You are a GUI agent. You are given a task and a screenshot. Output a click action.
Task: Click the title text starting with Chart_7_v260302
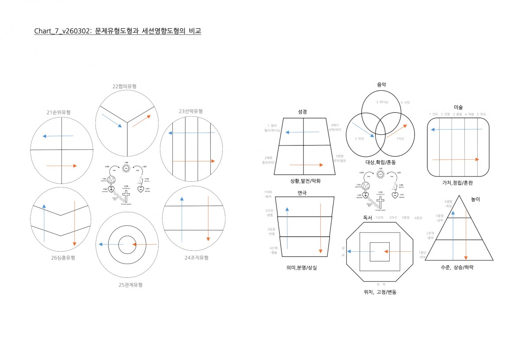click(x=118, y=31)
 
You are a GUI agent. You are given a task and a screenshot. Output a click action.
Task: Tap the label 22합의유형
click(x=124, y=86)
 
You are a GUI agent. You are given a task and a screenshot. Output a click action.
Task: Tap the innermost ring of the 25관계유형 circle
click(x=127, y=245)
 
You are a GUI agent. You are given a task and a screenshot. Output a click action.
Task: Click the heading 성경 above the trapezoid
click(x=303, y=112)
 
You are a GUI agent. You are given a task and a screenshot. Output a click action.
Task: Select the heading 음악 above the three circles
click(x=381, y=84)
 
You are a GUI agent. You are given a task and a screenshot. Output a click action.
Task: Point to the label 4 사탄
click(x=405, y=103)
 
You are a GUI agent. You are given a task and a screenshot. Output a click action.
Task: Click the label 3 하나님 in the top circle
click(x=382, y=102)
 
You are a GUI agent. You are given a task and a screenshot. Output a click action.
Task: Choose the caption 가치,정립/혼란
click(x=458, y=183)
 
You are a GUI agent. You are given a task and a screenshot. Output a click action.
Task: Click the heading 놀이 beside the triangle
click(x=475, y=199)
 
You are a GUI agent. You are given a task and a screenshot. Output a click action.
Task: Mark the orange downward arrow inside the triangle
click(x=466, y=234)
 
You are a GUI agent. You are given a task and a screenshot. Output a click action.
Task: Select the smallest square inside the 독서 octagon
click(x=380, y=252)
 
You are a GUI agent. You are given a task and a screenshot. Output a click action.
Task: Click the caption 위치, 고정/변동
click(x=380, y=292)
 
